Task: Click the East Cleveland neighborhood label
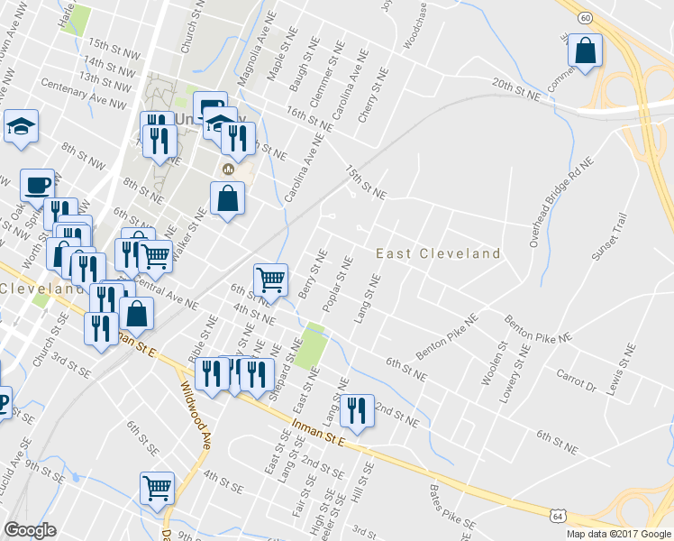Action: (438, 254)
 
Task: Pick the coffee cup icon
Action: (37, 185)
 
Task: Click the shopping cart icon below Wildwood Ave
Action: (157, 489)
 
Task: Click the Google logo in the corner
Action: (30, 530)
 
